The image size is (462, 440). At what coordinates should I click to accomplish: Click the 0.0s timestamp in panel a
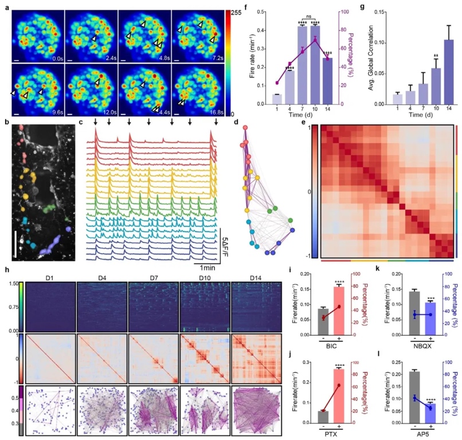coord(55,58)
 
